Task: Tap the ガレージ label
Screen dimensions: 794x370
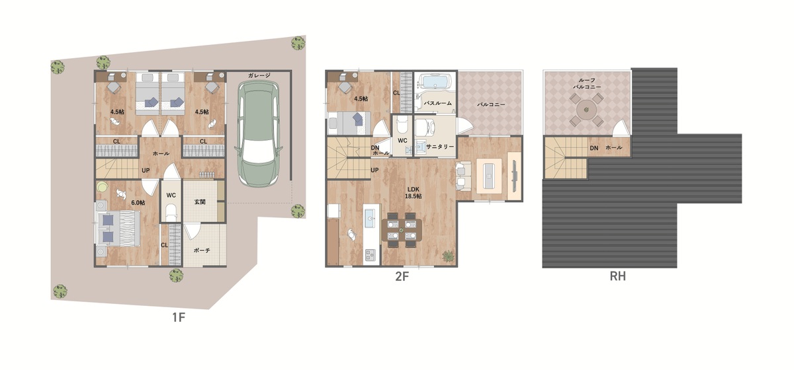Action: [x=259, y=75]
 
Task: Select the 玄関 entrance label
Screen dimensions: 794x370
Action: [x=200, y=202]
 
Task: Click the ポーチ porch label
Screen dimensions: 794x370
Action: [x=202, y=250]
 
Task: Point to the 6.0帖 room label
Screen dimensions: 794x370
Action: [x=138, y=203]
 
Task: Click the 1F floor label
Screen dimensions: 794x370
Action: [x=179, y=317]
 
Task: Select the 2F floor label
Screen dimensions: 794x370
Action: [x=402, y=276]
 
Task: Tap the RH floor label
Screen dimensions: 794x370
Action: [x=617, y=276]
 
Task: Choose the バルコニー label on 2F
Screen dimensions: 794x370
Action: [x=491, y=105]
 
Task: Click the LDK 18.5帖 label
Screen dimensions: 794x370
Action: [x=414, y=193]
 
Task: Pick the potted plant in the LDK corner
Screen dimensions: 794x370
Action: [x=448, y=256]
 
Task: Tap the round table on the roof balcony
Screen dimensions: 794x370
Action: [x=586, y=110]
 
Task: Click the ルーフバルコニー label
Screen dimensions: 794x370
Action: [x=587, y=83]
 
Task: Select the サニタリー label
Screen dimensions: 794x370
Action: [x=440, y=147]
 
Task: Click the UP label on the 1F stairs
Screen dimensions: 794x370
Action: [x=146, y=170]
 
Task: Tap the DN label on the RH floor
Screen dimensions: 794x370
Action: [x=594, y=148]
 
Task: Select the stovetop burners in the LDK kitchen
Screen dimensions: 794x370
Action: [x=371, y=254]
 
